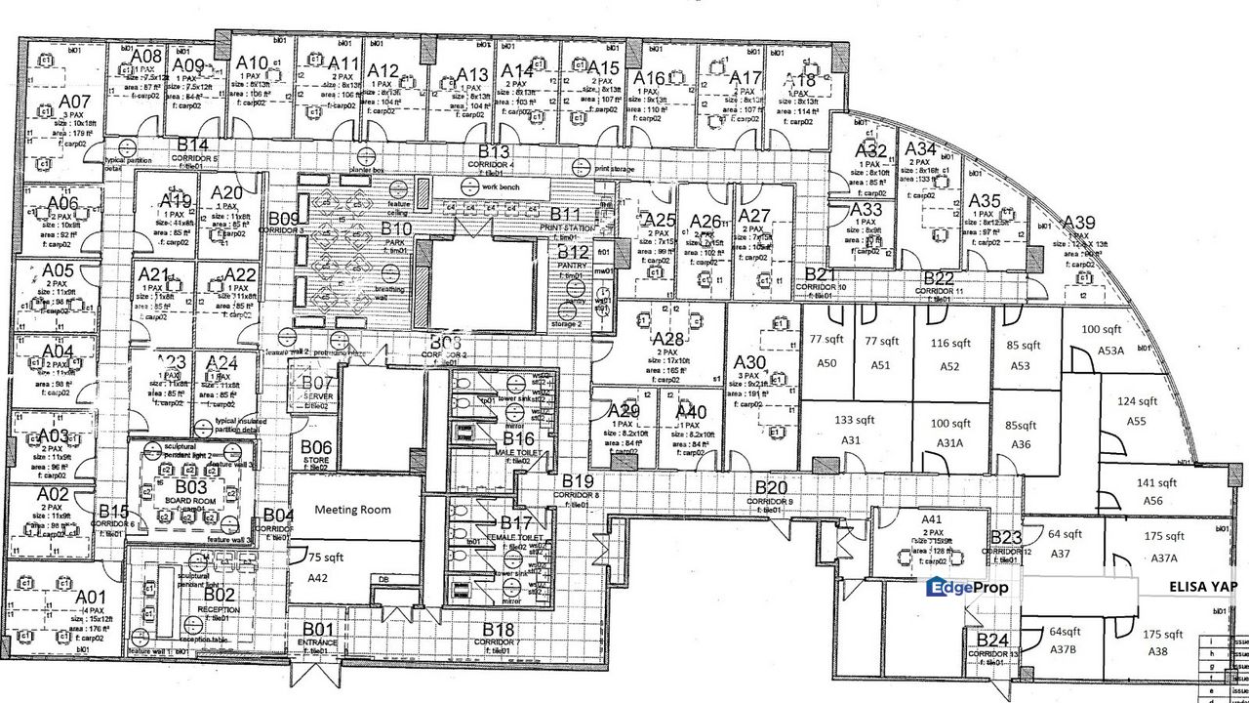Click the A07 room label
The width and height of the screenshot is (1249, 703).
click(x=74, y=101)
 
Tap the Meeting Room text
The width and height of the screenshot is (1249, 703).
click(x=352, y=509)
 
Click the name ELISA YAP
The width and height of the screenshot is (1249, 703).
click(x=1203, y=587)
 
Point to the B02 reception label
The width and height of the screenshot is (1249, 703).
click(x=220, y=594)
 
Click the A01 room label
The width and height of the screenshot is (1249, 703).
click(x=90, y=597)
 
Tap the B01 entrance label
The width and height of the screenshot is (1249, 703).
click(x=318, y=629)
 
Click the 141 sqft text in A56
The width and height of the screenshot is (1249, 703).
click(x=1157, y=482)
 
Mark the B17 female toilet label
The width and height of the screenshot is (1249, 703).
click(x=516, y=524)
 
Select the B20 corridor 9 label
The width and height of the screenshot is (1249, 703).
click(x=771, y=487)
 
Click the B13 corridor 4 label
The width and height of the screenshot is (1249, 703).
click(x=494, y=151)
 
